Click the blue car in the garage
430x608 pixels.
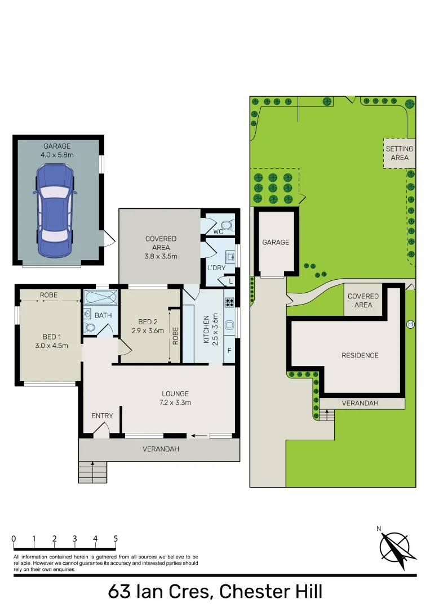click(x=55, y=209)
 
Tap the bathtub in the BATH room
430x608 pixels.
click(x=100, y=297)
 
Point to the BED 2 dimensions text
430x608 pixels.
click(x=147, y=331)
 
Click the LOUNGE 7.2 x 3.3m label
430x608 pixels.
click(x=175, y=398)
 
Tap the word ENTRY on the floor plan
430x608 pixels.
click(x=102, y=416)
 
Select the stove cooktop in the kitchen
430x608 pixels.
click(x=229, y=303)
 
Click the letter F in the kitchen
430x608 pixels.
click(x=229, y=350)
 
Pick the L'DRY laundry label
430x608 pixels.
click(x=216, y=268)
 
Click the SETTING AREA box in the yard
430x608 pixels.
click(x=399, y=153)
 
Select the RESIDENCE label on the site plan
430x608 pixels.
click(x=360, y=355)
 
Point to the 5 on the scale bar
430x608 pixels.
click(x=116, y=539)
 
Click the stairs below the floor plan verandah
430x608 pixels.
click(x=92, y=472)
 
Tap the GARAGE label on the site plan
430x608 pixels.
click(x=275, y=242)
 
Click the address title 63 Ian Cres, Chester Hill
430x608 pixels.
click(x=215, y=592)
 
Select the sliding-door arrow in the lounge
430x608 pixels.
click(x=198, y=435)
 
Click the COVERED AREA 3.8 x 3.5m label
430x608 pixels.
click(x=161, y=247)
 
